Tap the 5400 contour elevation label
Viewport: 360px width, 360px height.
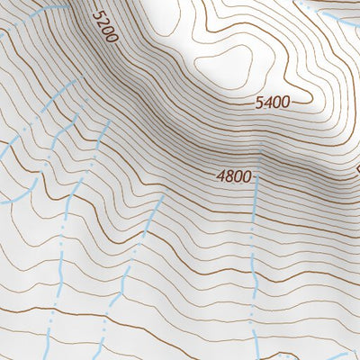tap(273, 103)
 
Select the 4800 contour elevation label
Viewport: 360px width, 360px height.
tap(233, 177)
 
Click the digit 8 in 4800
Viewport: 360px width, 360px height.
tap(229, 177)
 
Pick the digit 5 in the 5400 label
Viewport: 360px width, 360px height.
tap(260, 103)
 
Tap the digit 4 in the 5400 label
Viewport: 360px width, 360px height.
tap(268, 103)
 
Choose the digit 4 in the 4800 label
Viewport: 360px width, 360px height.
tap(220, 177)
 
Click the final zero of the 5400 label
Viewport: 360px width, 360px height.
tap(285, 103)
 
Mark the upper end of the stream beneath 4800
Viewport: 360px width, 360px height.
tap(256, 180)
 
